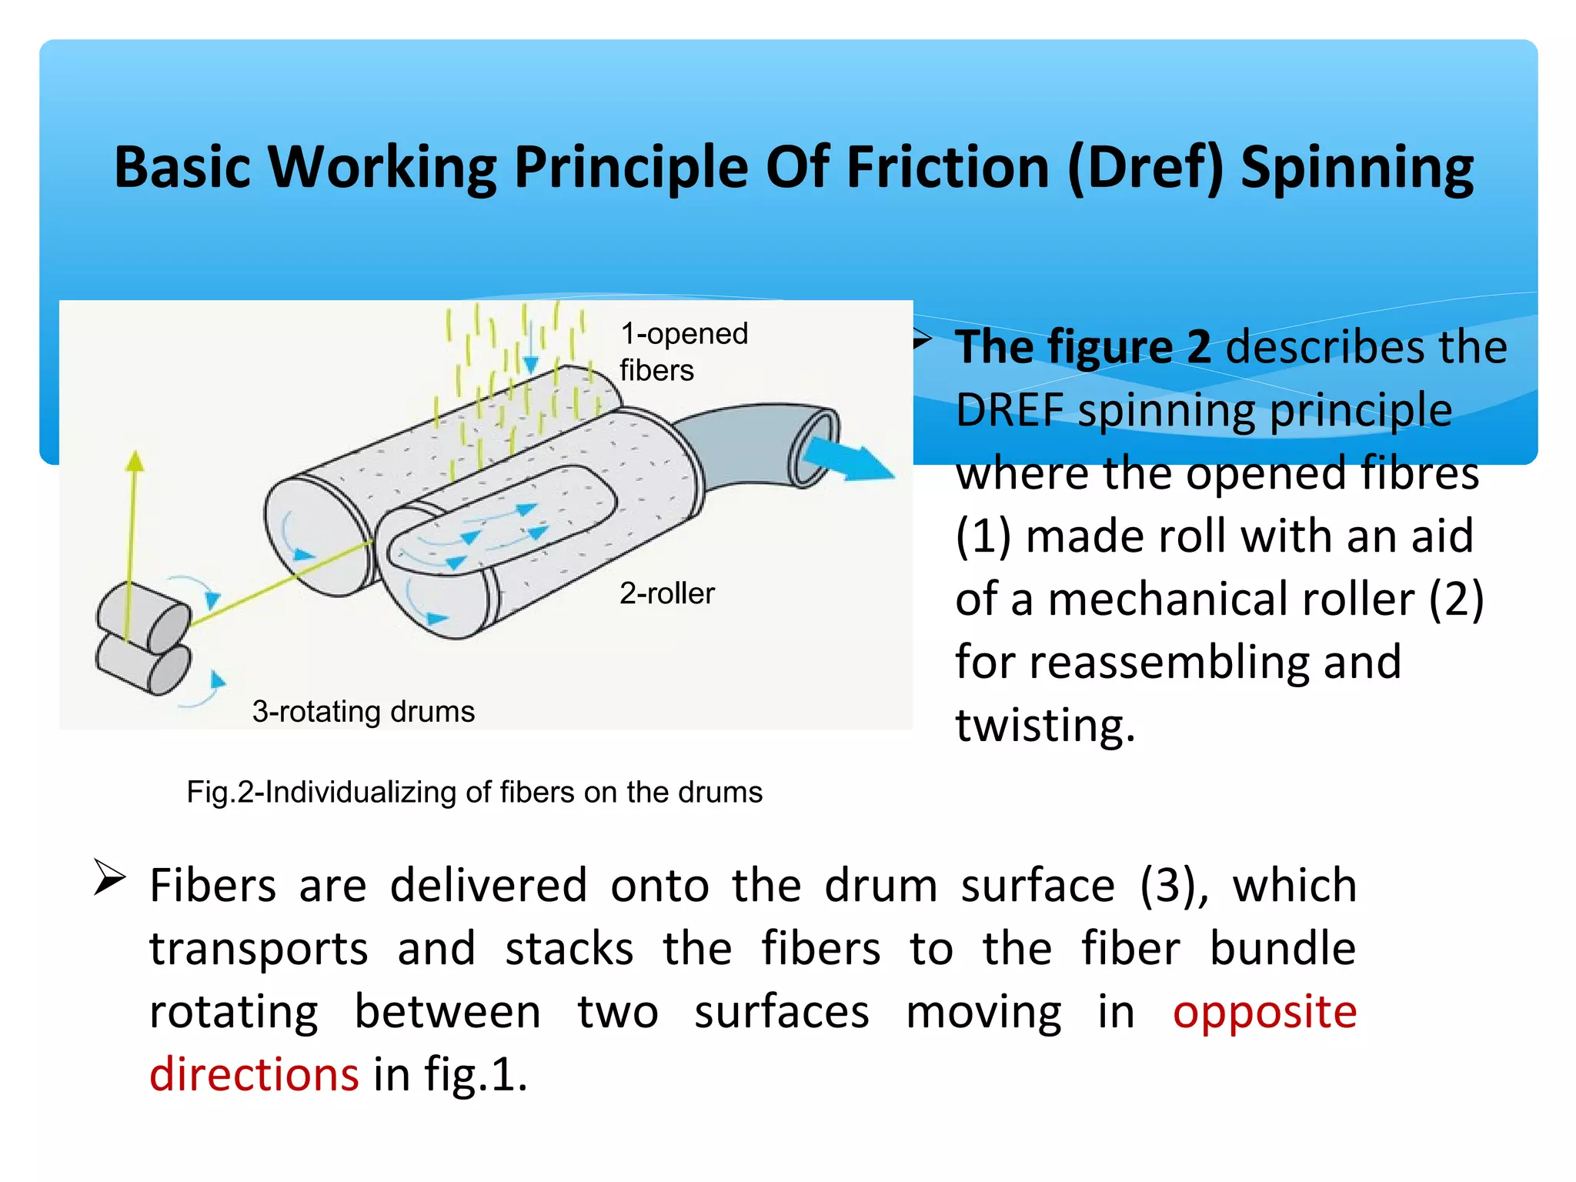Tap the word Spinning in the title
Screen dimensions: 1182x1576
[x=1357, y=167]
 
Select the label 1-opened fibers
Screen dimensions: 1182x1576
[x=683, y=352]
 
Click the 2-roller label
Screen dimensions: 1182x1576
[x=666, y=593]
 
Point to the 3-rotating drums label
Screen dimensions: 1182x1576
[x=363, y=711]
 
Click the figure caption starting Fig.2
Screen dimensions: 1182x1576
[x=474, y=792]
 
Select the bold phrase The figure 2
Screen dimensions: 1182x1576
[x=1083, y=346]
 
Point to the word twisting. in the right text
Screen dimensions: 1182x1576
[x=1044, y=724]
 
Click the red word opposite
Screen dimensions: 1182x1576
[x=1264, y=1011]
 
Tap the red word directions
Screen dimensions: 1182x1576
[x=254, y=1074]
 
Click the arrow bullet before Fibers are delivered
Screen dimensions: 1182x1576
[x=109, y=878]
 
